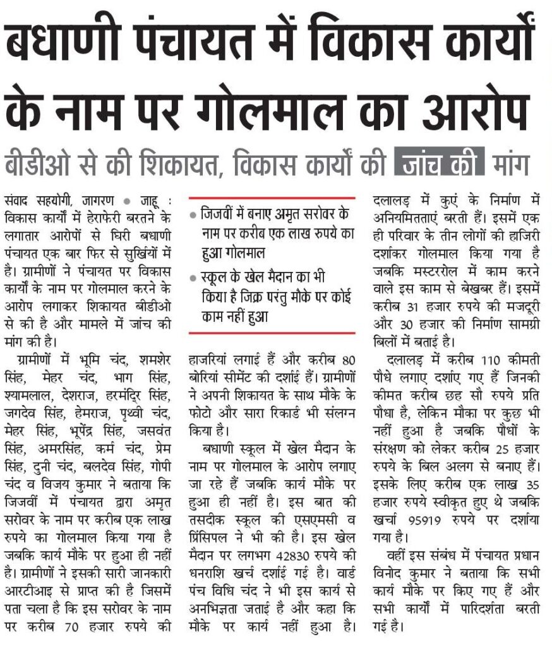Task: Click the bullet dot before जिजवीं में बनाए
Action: click(x=193, y=214)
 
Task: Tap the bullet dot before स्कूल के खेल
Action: click(x=193, y=277)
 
